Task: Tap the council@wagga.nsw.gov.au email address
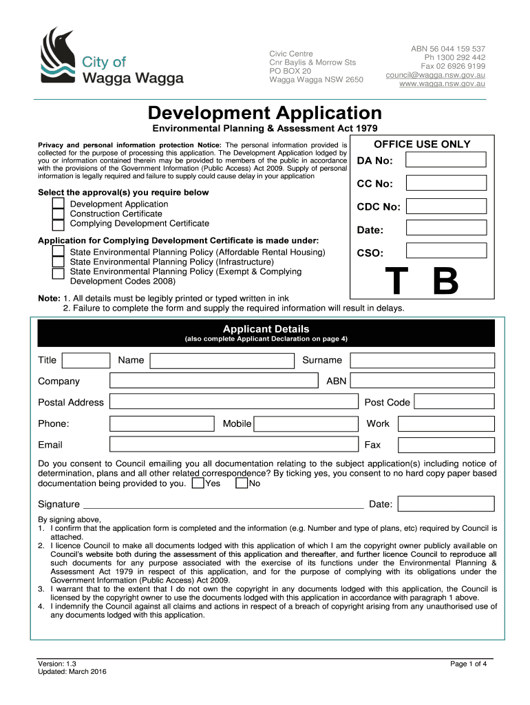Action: (435, 74)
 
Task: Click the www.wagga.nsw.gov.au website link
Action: (443, 84)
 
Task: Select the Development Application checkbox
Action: (59, 204)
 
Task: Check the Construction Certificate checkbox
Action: (59, 214)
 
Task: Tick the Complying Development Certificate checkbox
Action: (59, 224)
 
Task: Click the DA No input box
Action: (445, 160)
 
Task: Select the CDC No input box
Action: (445, 207)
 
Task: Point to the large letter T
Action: (395, 282)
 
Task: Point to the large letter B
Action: (445, 282)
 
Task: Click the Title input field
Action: (86, 360)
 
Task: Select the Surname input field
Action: (421, 360)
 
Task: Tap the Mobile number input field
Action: (306, 423)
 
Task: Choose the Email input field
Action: (234, 445)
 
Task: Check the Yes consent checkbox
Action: (198, 483)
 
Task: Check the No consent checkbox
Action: (242, 483)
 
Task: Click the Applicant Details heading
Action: (266, 329)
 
